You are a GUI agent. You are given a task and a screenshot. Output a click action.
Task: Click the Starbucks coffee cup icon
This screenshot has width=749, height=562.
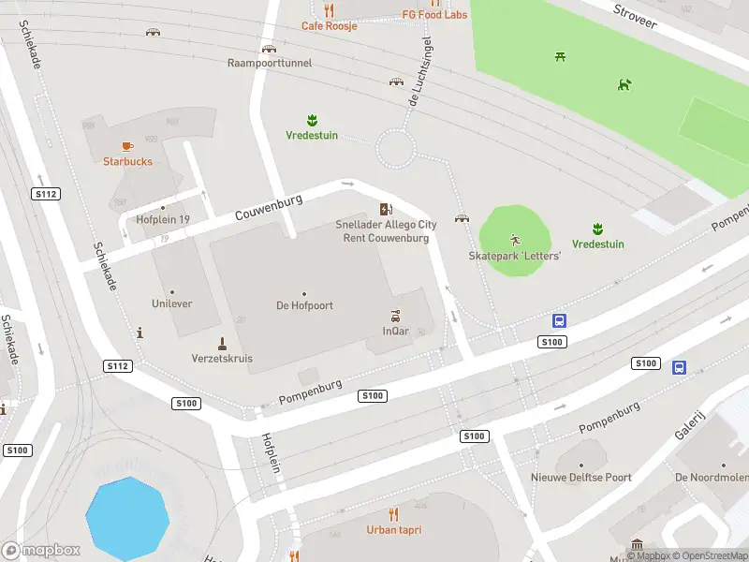[x=127, y=146]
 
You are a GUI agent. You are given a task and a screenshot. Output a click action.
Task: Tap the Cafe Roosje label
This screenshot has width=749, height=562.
[x=329, y=25]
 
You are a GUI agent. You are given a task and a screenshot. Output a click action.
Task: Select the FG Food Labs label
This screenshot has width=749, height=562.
[x=434, y=15]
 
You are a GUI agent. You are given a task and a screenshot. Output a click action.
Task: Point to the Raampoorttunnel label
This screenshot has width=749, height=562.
[x=270, y=64]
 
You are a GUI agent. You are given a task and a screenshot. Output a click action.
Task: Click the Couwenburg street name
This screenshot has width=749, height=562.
[x=269, y=208]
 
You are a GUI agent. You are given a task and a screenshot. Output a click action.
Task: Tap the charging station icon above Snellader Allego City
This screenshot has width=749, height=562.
[x=386, y=209]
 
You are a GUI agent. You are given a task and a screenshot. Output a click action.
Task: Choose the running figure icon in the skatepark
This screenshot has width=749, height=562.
[x=514, y=240]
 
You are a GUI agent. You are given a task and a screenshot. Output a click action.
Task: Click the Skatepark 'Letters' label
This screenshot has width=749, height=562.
[x=514, y=256]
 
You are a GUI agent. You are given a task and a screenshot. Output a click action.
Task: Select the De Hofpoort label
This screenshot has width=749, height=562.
[x=303, y=305]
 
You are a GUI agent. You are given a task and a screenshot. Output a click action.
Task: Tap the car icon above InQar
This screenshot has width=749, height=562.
[x=396, y=316]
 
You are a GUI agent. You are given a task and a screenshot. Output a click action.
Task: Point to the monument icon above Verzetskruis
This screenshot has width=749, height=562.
[x=222, y=343]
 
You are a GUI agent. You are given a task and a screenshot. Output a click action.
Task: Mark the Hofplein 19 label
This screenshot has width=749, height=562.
[x=163, y=220]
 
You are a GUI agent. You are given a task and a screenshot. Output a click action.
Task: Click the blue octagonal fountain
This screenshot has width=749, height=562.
[x=127, y=519]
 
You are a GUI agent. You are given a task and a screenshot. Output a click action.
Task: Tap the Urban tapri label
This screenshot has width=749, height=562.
[x=393, y=529]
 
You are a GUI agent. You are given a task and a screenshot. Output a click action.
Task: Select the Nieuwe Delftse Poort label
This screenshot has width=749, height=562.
[x=580, y=478]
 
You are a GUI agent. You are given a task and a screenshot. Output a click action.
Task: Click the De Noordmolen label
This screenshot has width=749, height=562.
[x=712, y=478]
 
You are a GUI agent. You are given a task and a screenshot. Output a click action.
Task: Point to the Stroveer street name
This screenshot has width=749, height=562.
[x=634, y=16]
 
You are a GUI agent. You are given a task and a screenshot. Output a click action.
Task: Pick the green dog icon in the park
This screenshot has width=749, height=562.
[x=624, y=85]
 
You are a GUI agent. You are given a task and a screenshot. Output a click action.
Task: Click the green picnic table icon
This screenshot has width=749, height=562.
[x=561, y=57]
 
